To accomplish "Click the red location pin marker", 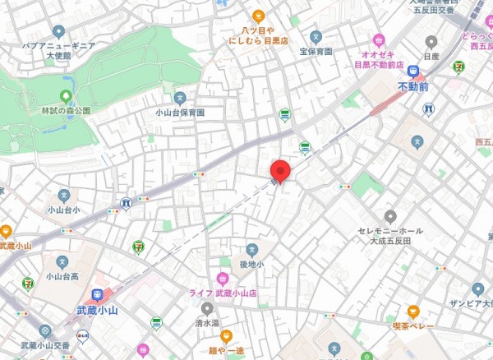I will coord(280,170).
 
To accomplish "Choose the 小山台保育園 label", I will coord(180,112).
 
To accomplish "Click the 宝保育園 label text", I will coord(316,51).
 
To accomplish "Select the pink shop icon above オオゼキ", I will coord(379,38).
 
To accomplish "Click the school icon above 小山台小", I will coord(64,195).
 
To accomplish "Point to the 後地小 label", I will coord(252,264).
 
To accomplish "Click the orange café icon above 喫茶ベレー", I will coord(412,312).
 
